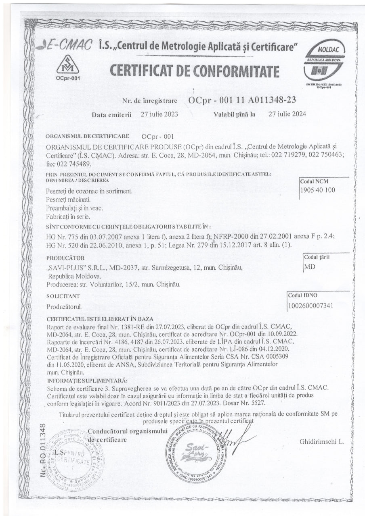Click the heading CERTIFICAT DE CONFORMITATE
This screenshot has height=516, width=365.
195,71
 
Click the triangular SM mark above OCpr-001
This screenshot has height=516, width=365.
67,64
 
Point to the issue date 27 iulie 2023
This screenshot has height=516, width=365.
159,114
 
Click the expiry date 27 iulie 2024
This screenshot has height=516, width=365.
287,114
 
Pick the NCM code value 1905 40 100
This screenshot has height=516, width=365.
317,190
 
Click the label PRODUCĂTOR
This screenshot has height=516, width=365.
65,258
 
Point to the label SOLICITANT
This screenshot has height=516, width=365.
63,296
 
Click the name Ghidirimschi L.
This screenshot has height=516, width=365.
321,441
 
